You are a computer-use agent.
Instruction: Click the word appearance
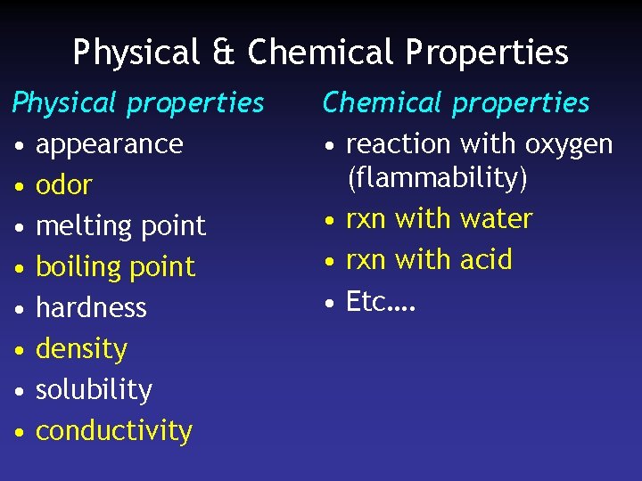pos(109,144)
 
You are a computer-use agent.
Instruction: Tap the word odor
pos(63,185)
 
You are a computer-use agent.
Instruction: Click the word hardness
pos(91,307)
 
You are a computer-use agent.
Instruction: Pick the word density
pos(81,349)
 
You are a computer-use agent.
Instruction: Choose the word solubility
pos(94,390)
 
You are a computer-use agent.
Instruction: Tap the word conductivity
pos(113,431)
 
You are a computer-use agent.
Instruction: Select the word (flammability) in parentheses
pos(437,178)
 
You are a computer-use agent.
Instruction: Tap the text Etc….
pos(381,302)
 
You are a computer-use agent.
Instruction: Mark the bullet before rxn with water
pos(329,221)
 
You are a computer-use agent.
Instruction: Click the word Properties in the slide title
pos(487,53)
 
